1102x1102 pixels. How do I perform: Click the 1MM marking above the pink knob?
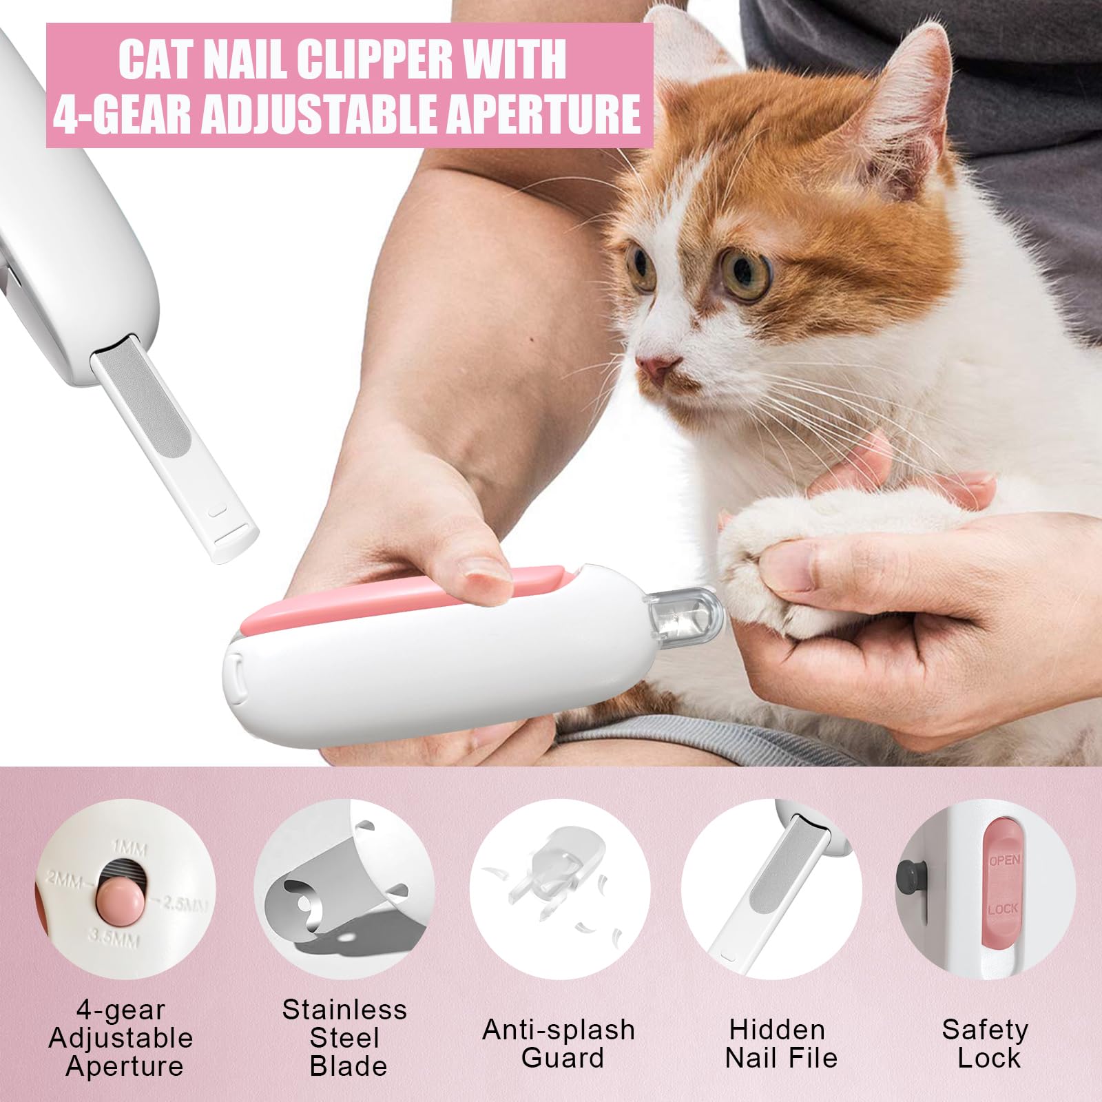pos(129,848)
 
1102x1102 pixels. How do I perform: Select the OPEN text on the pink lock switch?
pos(1004,860)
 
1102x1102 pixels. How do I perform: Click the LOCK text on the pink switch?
pos(1002,909)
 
